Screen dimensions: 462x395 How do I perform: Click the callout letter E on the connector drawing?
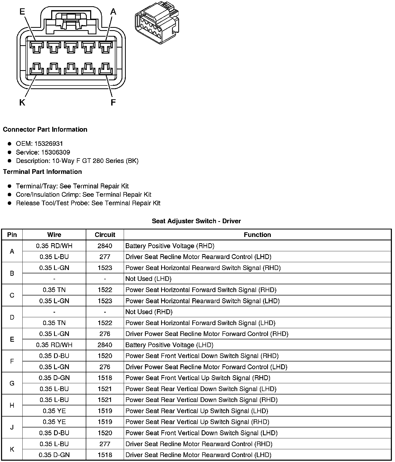22,12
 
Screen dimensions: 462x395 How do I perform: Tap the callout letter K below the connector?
22,103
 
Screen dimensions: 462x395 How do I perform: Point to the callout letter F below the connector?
113,103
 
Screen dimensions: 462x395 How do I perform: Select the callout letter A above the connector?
113,12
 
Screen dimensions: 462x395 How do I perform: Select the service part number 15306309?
56,152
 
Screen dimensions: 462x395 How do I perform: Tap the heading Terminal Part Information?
42,172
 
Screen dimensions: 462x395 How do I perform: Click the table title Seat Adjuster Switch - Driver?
196,221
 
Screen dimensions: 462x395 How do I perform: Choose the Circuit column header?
105,235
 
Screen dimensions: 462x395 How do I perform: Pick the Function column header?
257,235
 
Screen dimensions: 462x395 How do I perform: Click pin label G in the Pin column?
12,383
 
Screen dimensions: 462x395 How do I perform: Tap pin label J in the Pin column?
12,427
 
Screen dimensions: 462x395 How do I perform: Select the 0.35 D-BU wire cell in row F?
54,356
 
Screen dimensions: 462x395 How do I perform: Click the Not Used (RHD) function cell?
149,312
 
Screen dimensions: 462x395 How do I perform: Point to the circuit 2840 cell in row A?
105,246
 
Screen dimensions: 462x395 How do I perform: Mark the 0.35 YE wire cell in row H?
54,411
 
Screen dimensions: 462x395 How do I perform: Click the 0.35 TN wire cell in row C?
54,290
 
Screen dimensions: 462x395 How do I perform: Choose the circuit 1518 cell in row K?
105,455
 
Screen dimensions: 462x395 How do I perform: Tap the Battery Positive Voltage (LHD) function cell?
169,345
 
